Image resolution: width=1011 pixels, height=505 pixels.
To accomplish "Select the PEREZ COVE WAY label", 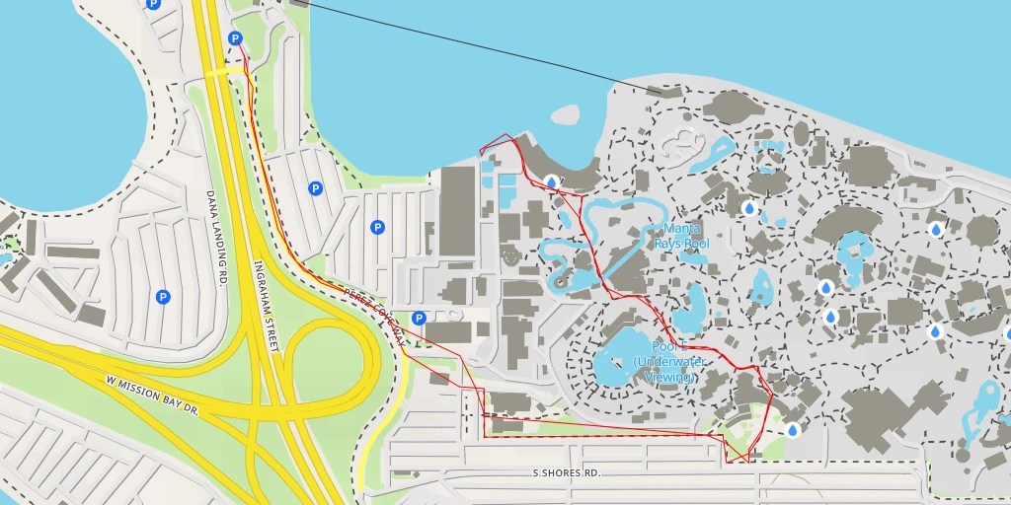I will point(374,316).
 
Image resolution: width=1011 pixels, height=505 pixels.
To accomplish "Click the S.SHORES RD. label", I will point(566,473).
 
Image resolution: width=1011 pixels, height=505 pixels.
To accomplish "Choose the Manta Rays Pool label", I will point(682,237).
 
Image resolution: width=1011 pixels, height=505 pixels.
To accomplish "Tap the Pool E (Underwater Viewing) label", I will point(669,362).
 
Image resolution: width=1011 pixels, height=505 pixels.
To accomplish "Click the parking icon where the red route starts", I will point(235,38).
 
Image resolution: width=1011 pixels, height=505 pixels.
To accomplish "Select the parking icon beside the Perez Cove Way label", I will point(419,318).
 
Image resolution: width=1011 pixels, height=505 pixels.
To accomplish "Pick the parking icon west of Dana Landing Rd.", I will point(163,296).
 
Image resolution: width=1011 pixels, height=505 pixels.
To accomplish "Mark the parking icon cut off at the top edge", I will point(152,4).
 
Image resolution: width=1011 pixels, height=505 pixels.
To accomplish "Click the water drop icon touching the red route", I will point(550,181).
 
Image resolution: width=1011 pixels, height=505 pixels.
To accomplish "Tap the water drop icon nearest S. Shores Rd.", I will point(792,430).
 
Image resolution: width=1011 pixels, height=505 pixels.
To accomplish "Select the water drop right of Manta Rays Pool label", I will point(748,208).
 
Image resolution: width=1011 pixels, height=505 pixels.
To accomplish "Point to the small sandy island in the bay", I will point(565,114).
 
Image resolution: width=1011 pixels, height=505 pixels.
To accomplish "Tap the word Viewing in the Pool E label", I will point(669,377).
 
